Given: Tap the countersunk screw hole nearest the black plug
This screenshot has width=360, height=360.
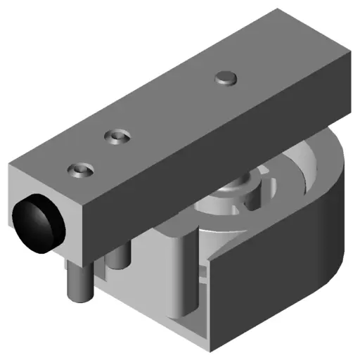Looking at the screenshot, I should click(x=81, y=170).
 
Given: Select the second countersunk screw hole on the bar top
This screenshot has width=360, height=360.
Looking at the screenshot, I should click(x=116, y=135).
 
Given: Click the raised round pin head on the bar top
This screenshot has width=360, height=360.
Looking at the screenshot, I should click(x=226, y=77).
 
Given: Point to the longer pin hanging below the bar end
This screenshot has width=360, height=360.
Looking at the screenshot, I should click(x=77, y=281).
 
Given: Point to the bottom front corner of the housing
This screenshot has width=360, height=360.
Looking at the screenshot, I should click(x=211, y=347).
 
